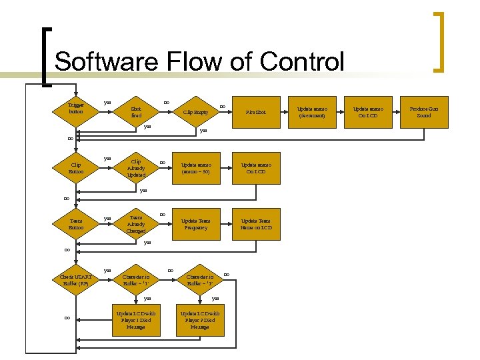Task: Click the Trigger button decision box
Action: pyautogui.click(x=76, y=109)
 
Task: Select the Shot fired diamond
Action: pyautogui.click(x=136, y=112)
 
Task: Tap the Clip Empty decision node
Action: pyautogui.click(x=196, y=112)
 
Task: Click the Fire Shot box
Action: pyautogui.click(x=255, y=112)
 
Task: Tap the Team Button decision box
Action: pyautogui.click(x=76, y=224)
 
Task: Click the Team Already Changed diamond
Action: pyautogui.click(x=136, y=224)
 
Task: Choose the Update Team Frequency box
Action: pyautogui.click(x=196, y=224)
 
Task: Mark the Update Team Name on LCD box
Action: pyautogui.click(x=255, y=224)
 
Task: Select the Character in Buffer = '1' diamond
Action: pyautogui.click(x=136, y=280)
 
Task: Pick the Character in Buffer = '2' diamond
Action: pyautogui.click(x=199, y=280)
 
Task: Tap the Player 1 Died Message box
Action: pyautogui.click(x=136, y=320)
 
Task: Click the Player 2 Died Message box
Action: pyautogui.click(x=199, y=320)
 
